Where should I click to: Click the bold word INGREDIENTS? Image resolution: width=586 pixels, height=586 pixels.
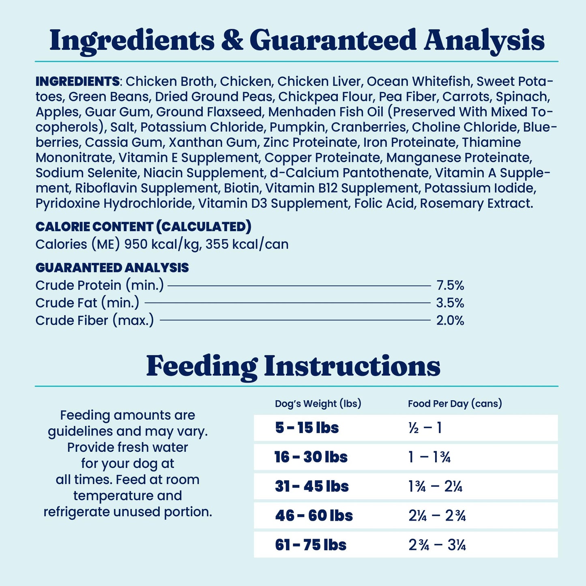(77, 82)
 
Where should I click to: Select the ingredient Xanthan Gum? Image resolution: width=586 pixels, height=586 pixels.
(213, 142)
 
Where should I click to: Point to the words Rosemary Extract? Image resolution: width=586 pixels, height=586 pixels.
(476, 203)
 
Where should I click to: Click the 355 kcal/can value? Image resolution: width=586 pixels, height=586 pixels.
(247, 244)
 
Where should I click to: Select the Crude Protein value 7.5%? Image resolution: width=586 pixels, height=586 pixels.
(450, 285)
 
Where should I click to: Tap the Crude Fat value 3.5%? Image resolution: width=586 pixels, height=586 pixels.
(450, 303)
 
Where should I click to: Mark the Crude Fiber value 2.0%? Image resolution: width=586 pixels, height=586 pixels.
(450, 320)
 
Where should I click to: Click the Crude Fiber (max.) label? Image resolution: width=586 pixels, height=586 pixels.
(94, 320)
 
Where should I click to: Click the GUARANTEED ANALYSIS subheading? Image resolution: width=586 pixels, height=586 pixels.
(112, 268)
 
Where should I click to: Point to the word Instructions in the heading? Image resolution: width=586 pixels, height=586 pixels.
(352, 366)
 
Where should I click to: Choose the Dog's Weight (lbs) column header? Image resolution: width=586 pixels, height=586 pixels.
(318, 404)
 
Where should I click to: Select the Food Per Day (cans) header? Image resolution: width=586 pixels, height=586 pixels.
(455, 404)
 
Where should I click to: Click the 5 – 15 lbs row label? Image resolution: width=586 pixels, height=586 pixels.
(307, 428)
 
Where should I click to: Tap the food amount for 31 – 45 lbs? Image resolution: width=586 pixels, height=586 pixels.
(435, 486)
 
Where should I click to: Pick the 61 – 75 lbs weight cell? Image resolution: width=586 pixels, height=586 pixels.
(311, 545)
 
